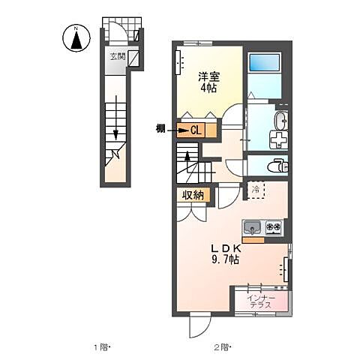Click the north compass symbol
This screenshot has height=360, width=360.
coord(76,38)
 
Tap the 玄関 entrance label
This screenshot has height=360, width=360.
coord(117,56)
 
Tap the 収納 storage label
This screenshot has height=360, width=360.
coord(193,195)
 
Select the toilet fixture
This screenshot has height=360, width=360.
coord(278,166)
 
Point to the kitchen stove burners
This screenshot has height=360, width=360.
coord(272,226)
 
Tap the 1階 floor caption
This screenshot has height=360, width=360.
coord(102,347)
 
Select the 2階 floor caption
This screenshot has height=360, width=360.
coord(223,347)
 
